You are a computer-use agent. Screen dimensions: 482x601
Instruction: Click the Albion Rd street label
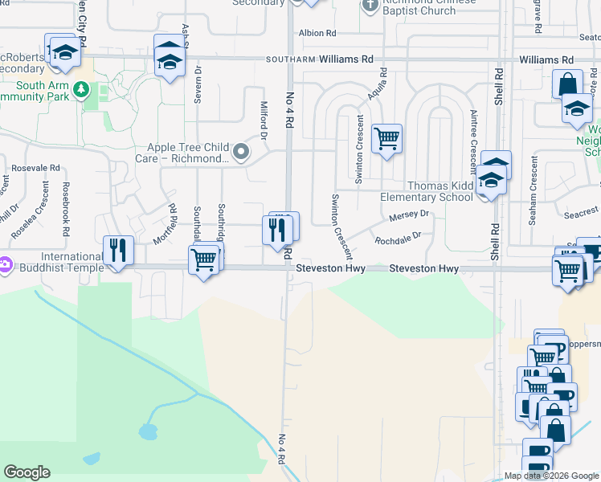pyautogui.click(x=317, y=33)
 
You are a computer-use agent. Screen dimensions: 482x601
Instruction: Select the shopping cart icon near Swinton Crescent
pyautogui.click(x=386, y=139)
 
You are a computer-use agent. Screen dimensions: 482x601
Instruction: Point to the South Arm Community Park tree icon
pyautogui.click(x=80, y=89)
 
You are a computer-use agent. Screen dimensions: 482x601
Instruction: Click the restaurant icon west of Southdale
pyautogui.click(x=119, y=250)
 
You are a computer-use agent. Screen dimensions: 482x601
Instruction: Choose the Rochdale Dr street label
pyautogui.click(x=398, y=238)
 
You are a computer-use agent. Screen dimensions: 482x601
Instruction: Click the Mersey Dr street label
pyautogui.click(x=410, y=216)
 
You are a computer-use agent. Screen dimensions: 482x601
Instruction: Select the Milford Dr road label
pyautogui.click(x=262, y=117)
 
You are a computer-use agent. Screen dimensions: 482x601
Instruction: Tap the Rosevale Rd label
pyautogui.click(x=37, y=168)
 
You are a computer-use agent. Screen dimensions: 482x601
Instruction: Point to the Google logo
pyautogui.click(x=27, y=472)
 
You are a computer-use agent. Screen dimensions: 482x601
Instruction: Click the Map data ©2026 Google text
pyautogui.click(x=550, y=476)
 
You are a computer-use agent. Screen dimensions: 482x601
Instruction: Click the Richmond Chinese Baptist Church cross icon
pyautogui.click(x=370, y=6)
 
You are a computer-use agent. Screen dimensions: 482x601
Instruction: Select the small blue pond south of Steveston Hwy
pyautogui.click(x=147, y=431)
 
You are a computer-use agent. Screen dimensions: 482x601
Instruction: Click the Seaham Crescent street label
pyautogui.click(x=534, y=179)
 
